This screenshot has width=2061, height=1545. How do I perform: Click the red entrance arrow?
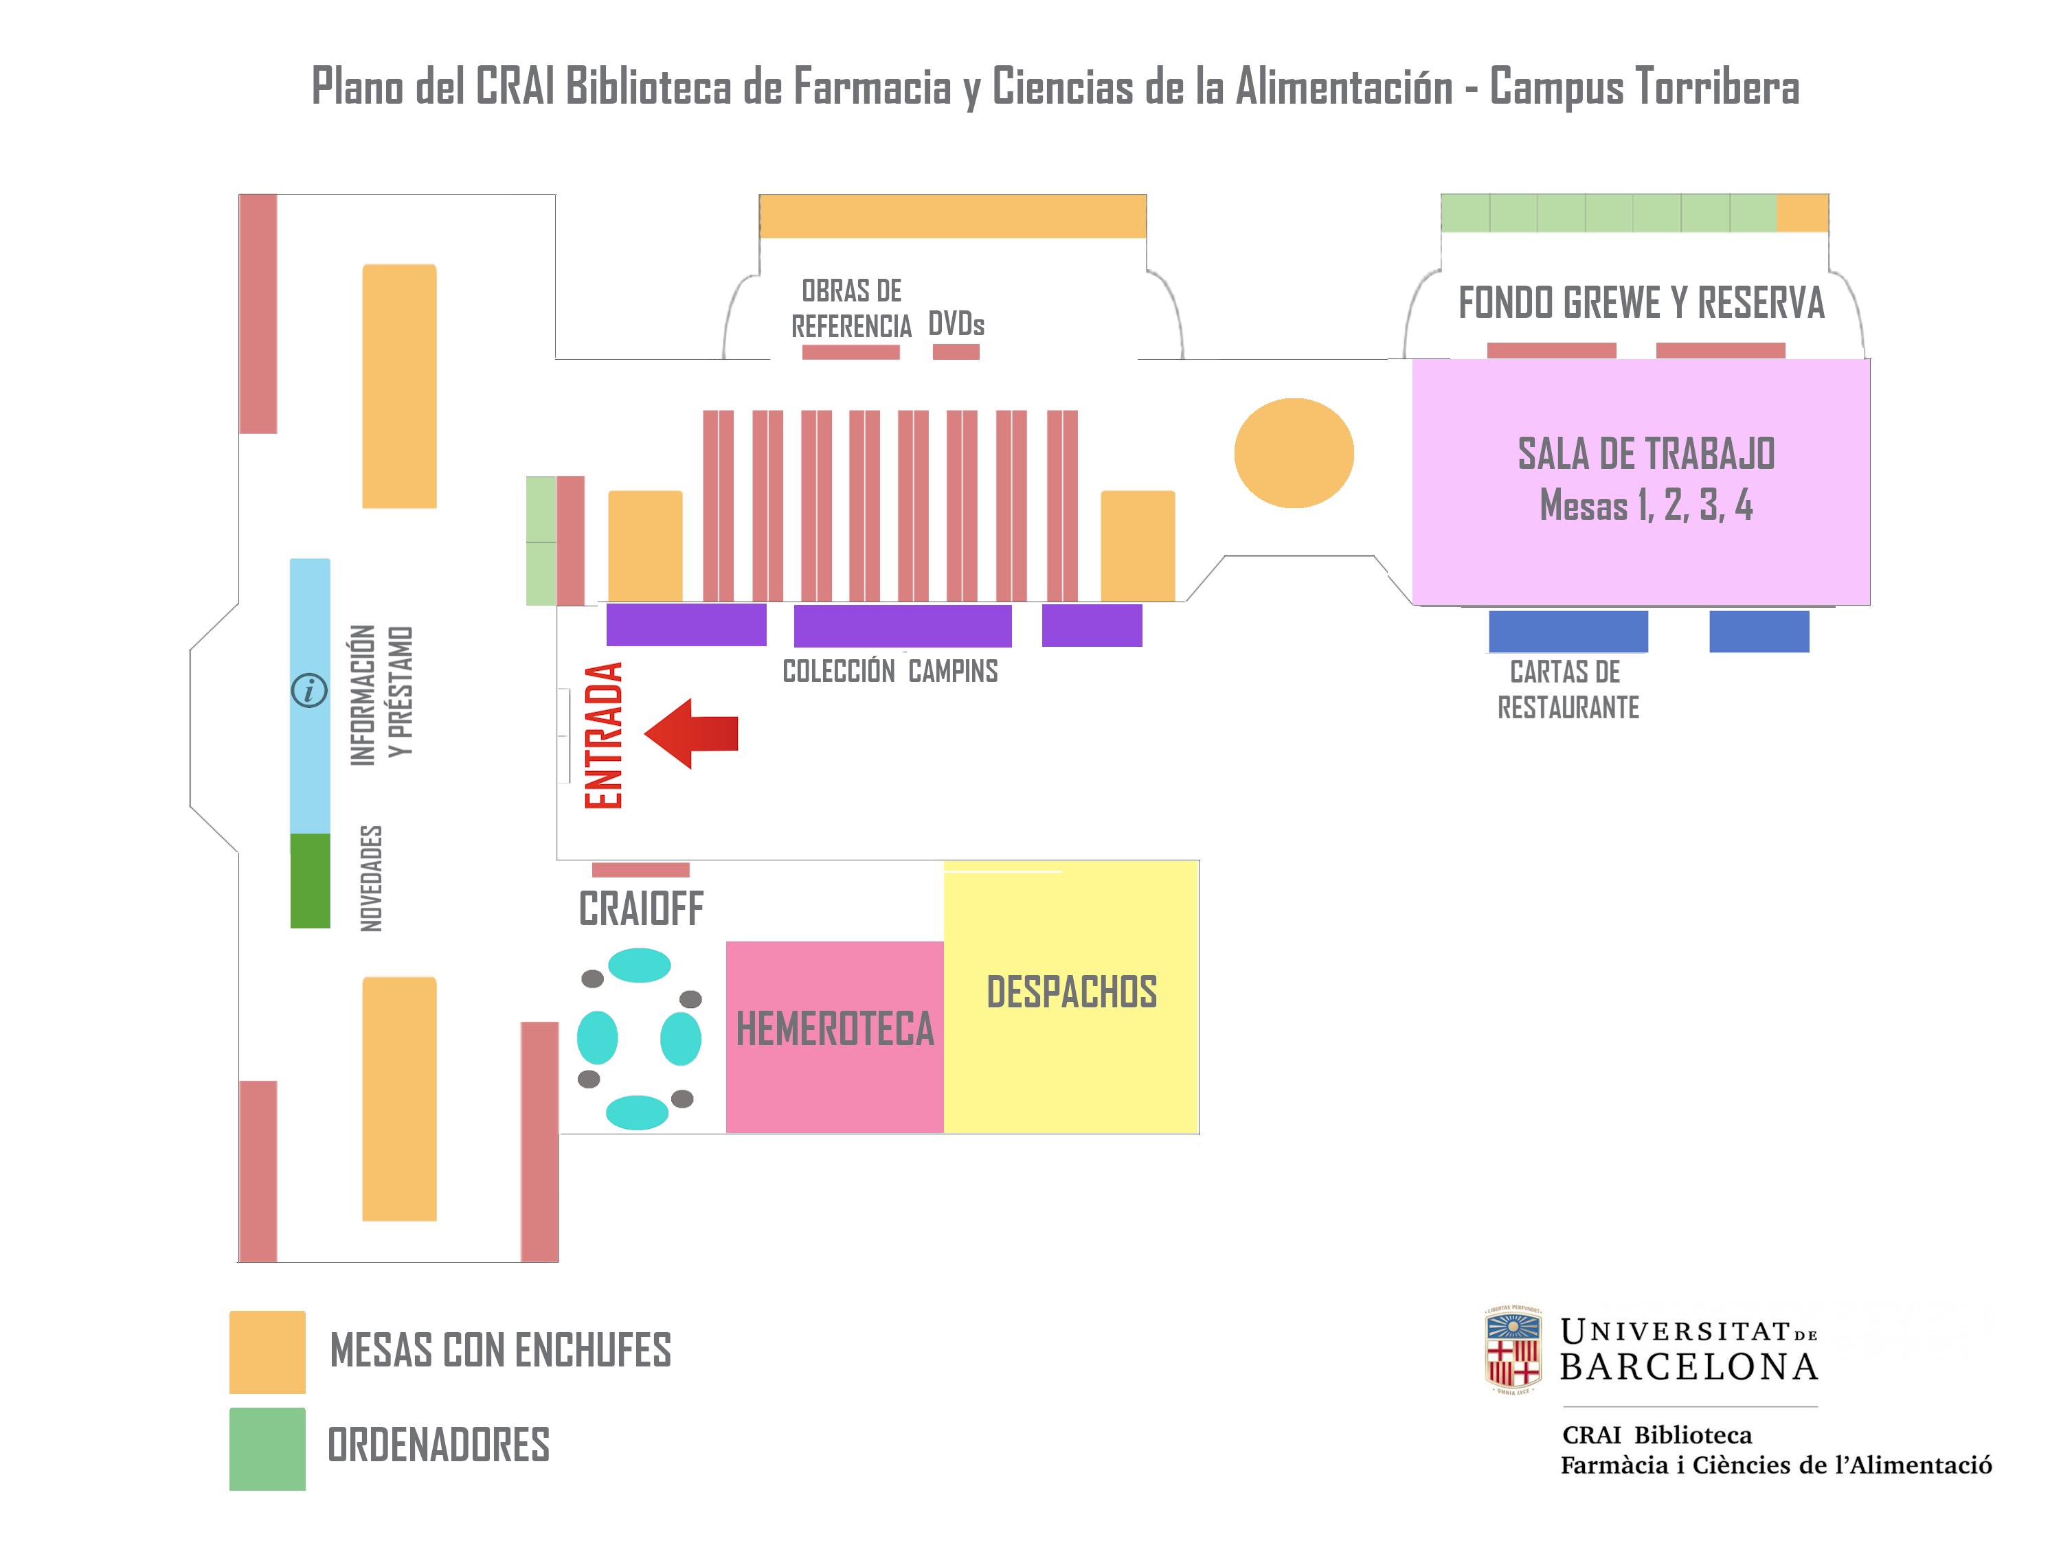[690, 733]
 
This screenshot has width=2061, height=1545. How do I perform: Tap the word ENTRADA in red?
[604, 735]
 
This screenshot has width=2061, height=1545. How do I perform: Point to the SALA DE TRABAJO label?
[1645, 455]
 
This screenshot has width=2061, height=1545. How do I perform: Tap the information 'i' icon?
[309, 690]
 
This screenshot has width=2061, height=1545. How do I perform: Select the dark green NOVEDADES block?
[311, 880]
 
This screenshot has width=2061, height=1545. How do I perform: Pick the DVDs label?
[956, 324]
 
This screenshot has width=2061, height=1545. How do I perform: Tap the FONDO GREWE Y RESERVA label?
[1641, 304]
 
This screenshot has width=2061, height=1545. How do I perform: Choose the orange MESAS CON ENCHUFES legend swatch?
[267, 1351]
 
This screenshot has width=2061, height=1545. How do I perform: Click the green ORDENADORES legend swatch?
[267, 1448]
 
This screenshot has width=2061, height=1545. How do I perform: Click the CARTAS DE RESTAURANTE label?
[1568, 690]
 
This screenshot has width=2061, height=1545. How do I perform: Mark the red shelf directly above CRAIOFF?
[641, 870]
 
